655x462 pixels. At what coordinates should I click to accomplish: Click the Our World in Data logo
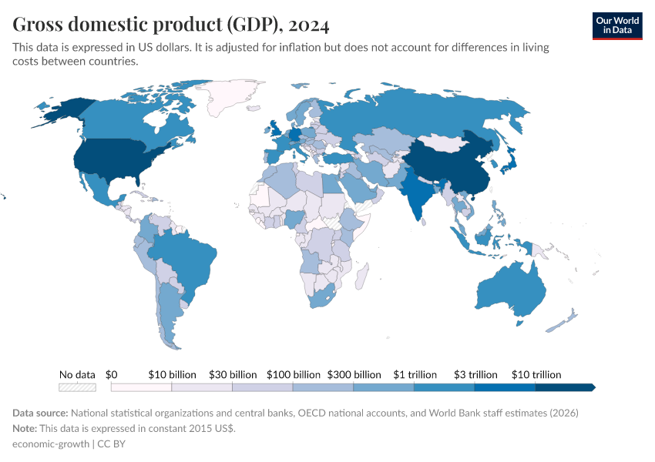click(617, 25)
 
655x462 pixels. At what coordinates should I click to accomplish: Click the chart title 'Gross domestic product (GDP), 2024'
click(171, 25)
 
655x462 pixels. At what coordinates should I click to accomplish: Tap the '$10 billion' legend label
click(172, 374)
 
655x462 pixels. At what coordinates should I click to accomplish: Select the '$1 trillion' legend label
click(415, 374)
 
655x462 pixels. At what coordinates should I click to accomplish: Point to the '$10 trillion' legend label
click(536, 374)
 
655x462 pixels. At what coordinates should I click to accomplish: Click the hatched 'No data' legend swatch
click(78, 387)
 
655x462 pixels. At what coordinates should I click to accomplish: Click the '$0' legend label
click(111, 374)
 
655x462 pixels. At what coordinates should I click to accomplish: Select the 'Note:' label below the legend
click(25, 428)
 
